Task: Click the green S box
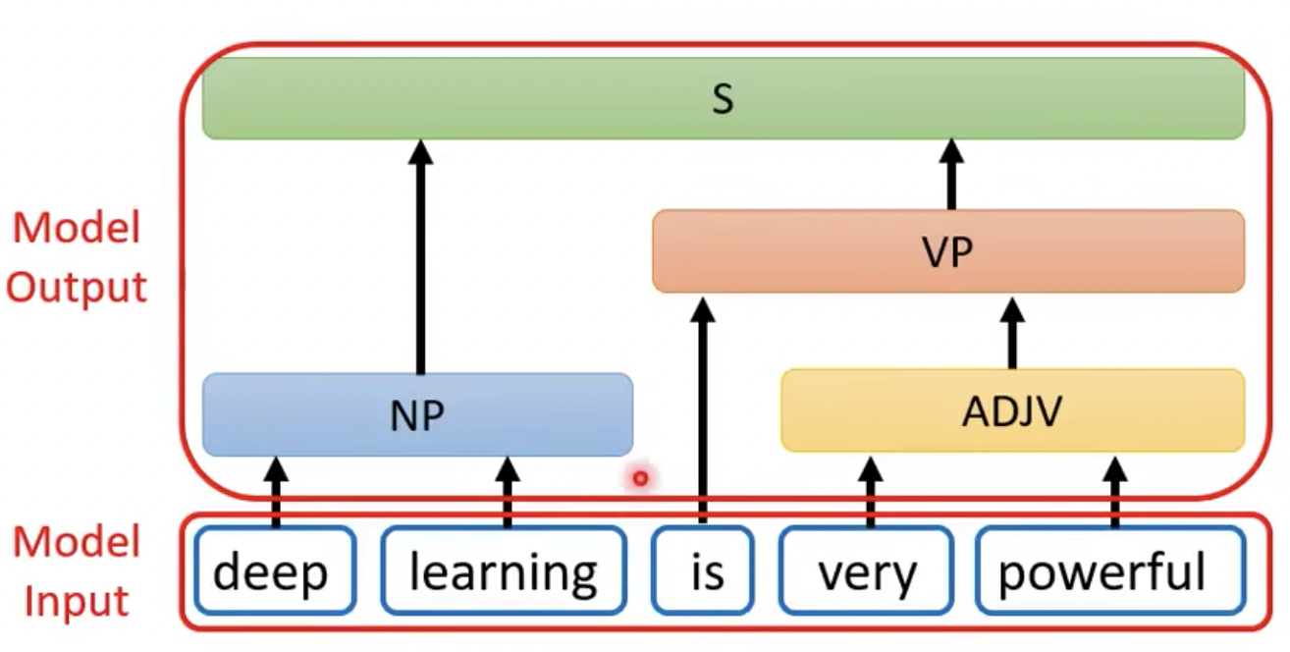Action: pos(723,98)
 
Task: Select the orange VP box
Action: pos(948,251)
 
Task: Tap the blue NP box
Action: pos(417,414)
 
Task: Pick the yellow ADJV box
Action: pos(1012,410)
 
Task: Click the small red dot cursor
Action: pos(641,478)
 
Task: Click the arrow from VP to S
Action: pos(950,175)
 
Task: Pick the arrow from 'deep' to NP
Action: pos(275,491)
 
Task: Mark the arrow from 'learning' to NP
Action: pos(507,491)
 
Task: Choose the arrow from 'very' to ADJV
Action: pos(870,489)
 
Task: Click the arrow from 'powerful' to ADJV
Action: pos(1114,489)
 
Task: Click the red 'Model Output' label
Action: pos(78,257)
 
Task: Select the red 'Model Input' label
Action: pos(76,571)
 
